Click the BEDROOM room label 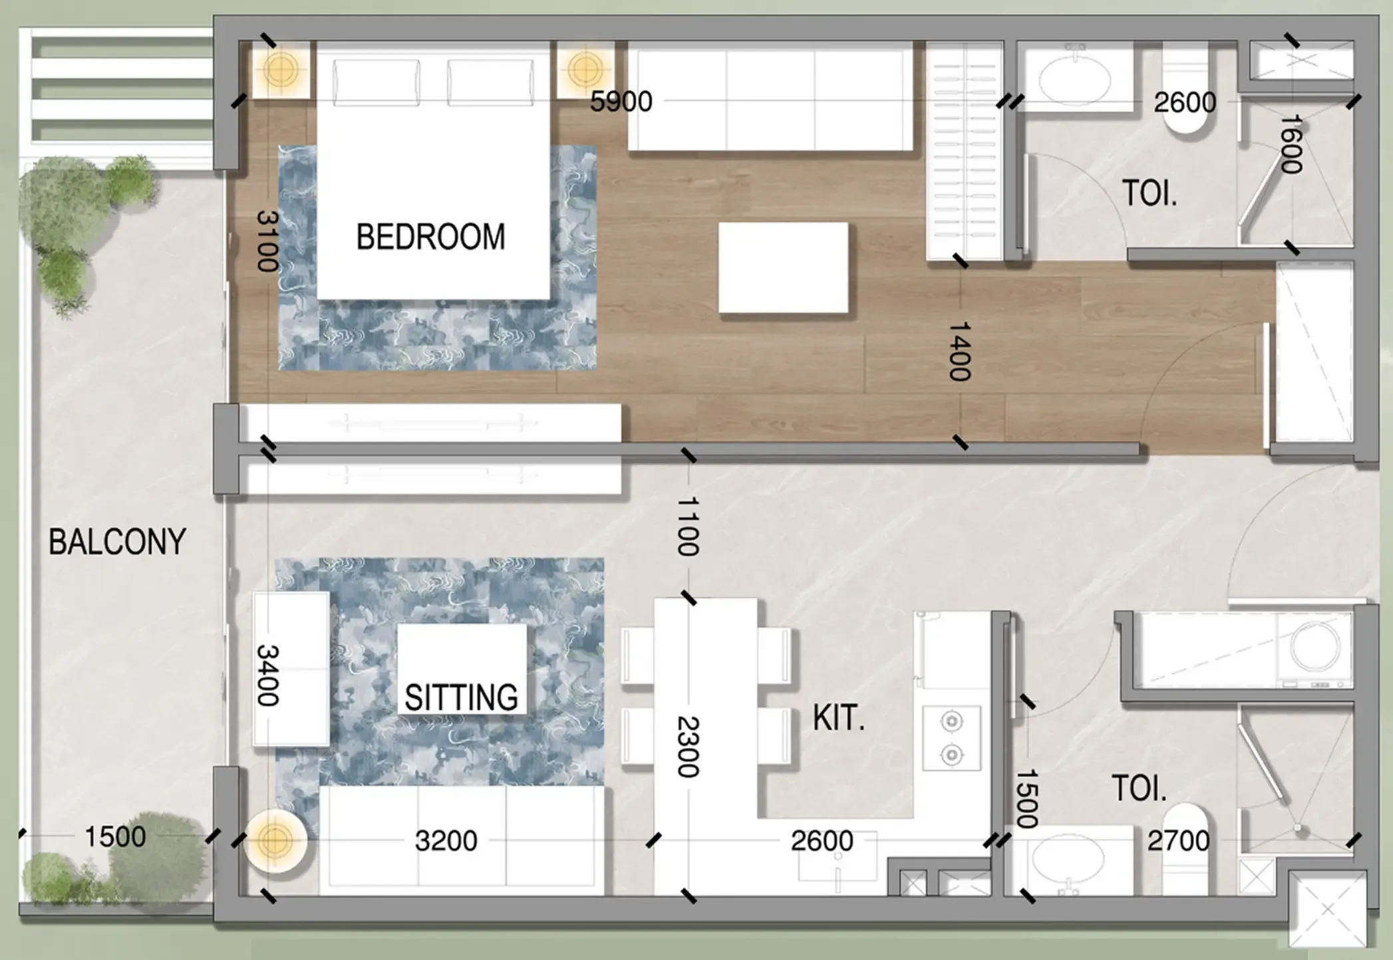(430, 237)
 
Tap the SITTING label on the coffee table (461, 697)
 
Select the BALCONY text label (117, 542)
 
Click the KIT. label (838, 719)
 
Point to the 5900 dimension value (621, 102)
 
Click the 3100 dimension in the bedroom (267, 241)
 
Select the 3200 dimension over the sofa (446, 841)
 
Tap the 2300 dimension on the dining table (688, 747)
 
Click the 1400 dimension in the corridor (960, 351)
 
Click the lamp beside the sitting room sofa (274, 841)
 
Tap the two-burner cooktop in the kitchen (951, 738)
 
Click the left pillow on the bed (377, 82)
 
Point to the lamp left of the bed (280, 69)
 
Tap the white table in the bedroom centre (783, 267)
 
